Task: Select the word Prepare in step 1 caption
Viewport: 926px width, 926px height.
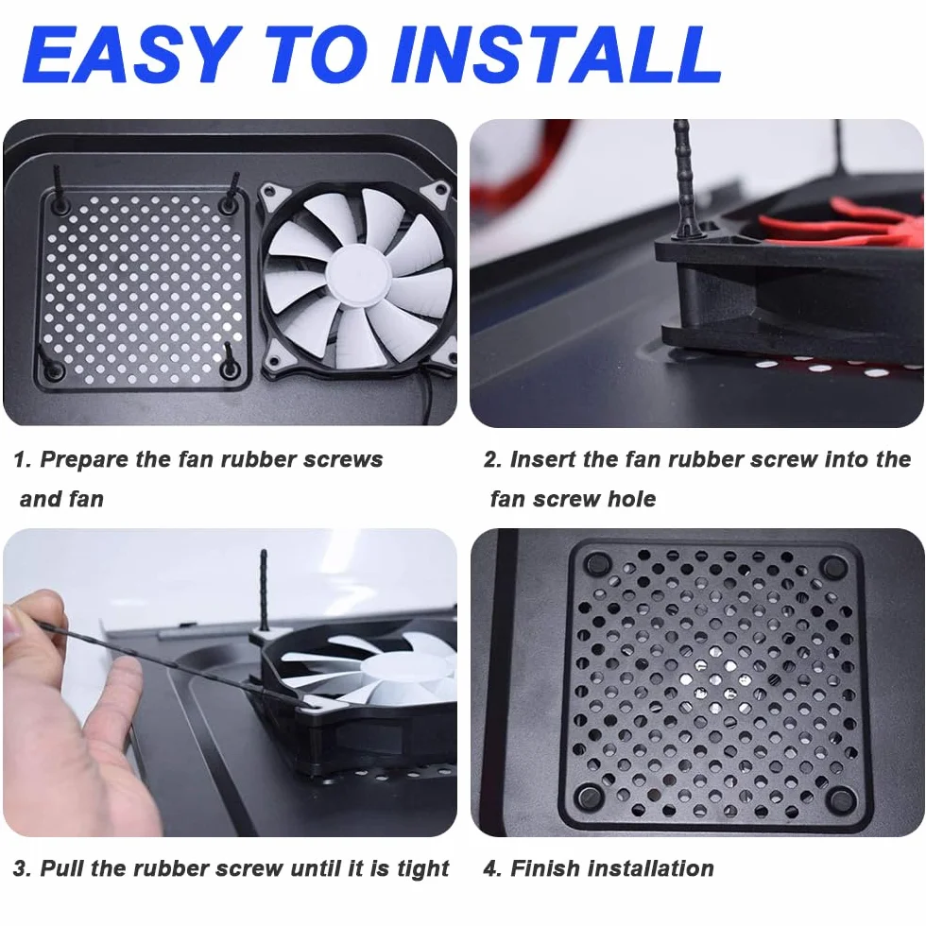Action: click(x=84, y=460)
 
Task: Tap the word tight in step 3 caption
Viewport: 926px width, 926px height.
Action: click(x=423, y=869)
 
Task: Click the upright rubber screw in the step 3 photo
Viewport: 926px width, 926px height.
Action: click(x=264, y=590)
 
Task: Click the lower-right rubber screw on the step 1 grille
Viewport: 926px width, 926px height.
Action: click(x=229, y=361)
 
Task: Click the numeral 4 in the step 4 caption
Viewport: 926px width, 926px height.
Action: click(x=490, y=868)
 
